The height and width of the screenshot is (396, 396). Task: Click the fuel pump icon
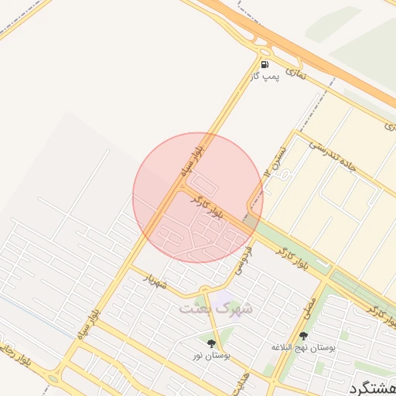point(265,65)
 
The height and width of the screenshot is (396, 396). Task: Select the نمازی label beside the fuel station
point(295,72)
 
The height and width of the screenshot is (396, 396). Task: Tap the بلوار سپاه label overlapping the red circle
point(191,158)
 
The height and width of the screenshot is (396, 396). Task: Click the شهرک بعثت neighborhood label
point(216,309)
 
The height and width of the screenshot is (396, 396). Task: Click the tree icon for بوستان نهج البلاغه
point(303,336)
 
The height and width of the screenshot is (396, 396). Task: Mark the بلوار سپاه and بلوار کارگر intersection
point(183,186)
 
